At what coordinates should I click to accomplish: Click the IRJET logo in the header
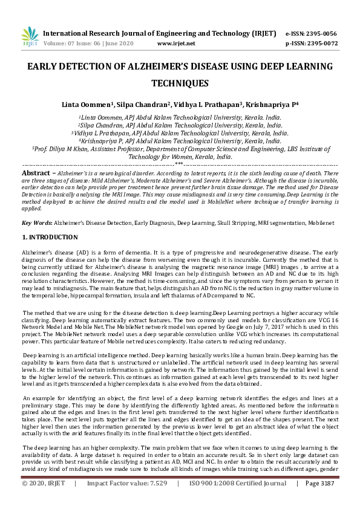[x=30, y=37]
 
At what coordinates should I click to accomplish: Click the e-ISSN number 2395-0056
[x=322, y=33]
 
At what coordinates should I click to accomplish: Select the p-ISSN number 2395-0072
[x=322, y=44]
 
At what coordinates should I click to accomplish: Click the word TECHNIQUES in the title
[x=180, y=83]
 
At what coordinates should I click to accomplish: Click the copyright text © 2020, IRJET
[x=44, y=501]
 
